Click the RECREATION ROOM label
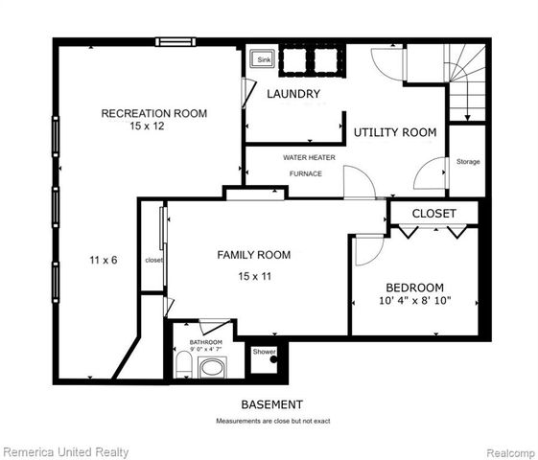coord(154,113)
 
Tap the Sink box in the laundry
coord(262,59)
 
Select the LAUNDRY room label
coord(293,94)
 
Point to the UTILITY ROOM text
coord(395,132)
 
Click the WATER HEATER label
coord(308,156)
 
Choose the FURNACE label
coord(306,173)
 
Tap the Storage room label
coord(468,161)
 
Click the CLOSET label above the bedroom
coord(434,213)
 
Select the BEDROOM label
coord(414,287)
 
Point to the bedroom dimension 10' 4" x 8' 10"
coord(414,302)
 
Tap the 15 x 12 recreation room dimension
coord(153,126)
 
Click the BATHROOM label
coord(205,342)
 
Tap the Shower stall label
coord(264,352)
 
